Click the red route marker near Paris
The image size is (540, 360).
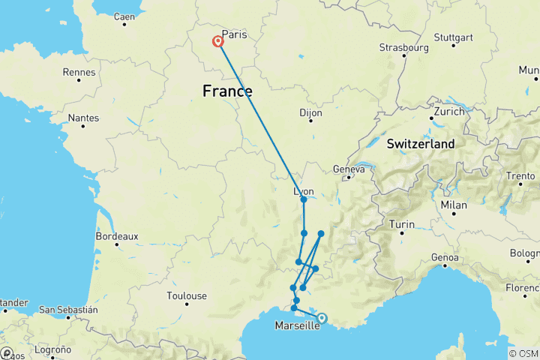point(218,42)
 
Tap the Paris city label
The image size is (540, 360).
point(235,34)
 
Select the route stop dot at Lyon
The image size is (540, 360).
point(304,199)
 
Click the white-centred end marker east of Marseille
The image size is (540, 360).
point(322,318)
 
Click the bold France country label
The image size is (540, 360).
point(227,91)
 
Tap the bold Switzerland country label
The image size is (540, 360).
point(420,143)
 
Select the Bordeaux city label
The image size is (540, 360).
point(117,236)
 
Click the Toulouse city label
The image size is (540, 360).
point(187,296)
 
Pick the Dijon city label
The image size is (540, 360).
point(311,112)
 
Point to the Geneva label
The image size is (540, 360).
point(349,169)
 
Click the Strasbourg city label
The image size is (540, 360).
point(403,47)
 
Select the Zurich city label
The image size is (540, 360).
point(447,111)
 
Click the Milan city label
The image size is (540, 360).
point(454,205)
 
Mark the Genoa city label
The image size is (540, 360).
point(445,258)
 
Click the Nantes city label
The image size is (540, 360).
point(82,118)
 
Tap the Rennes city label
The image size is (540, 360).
point(79,73)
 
